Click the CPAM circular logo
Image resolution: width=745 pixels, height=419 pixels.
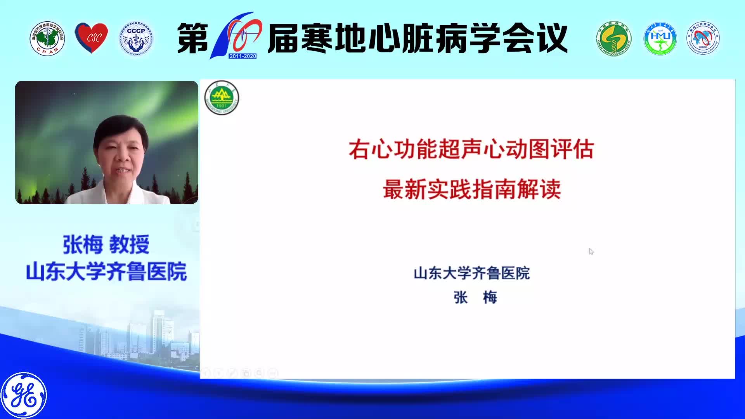click(47, 38)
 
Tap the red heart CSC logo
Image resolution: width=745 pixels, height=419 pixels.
click(92, 38)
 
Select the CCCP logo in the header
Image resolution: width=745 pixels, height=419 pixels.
click(136, 38)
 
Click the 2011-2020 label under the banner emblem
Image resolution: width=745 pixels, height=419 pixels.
click(243, 56)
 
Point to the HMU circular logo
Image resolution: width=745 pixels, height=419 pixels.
click(660, 38)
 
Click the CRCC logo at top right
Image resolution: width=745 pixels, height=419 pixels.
click(703, 38)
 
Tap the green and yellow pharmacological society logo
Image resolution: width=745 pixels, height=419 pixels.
click(614, 38)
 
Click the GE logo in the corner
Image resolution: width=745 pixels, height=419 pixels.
click(24, 395)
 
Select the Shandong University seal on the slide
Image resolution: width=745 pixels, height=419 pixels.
click(222, 98)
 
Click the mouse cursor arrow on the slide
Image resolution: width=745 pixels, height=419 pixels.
click(591, 251)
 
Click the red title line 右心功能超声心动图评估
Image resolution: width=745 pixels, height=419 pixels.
click(471, 149)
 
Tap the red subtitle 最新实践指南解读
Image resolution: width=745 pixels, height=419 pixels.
click(472, 190)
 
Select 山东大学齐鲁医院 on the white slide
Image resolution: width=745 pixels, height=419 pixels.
click(471, 273)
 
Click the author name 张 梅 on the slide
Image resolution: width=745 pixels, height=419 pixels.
click(475, 298)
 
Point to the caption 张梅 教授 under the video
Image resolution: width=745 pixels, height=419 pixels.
click(106, 245)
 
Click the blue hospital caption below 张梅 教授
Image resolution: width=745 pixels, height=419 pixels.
click(106, 271)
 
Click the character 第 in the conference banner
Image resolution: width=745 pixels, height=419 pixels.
click(192, 38)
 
